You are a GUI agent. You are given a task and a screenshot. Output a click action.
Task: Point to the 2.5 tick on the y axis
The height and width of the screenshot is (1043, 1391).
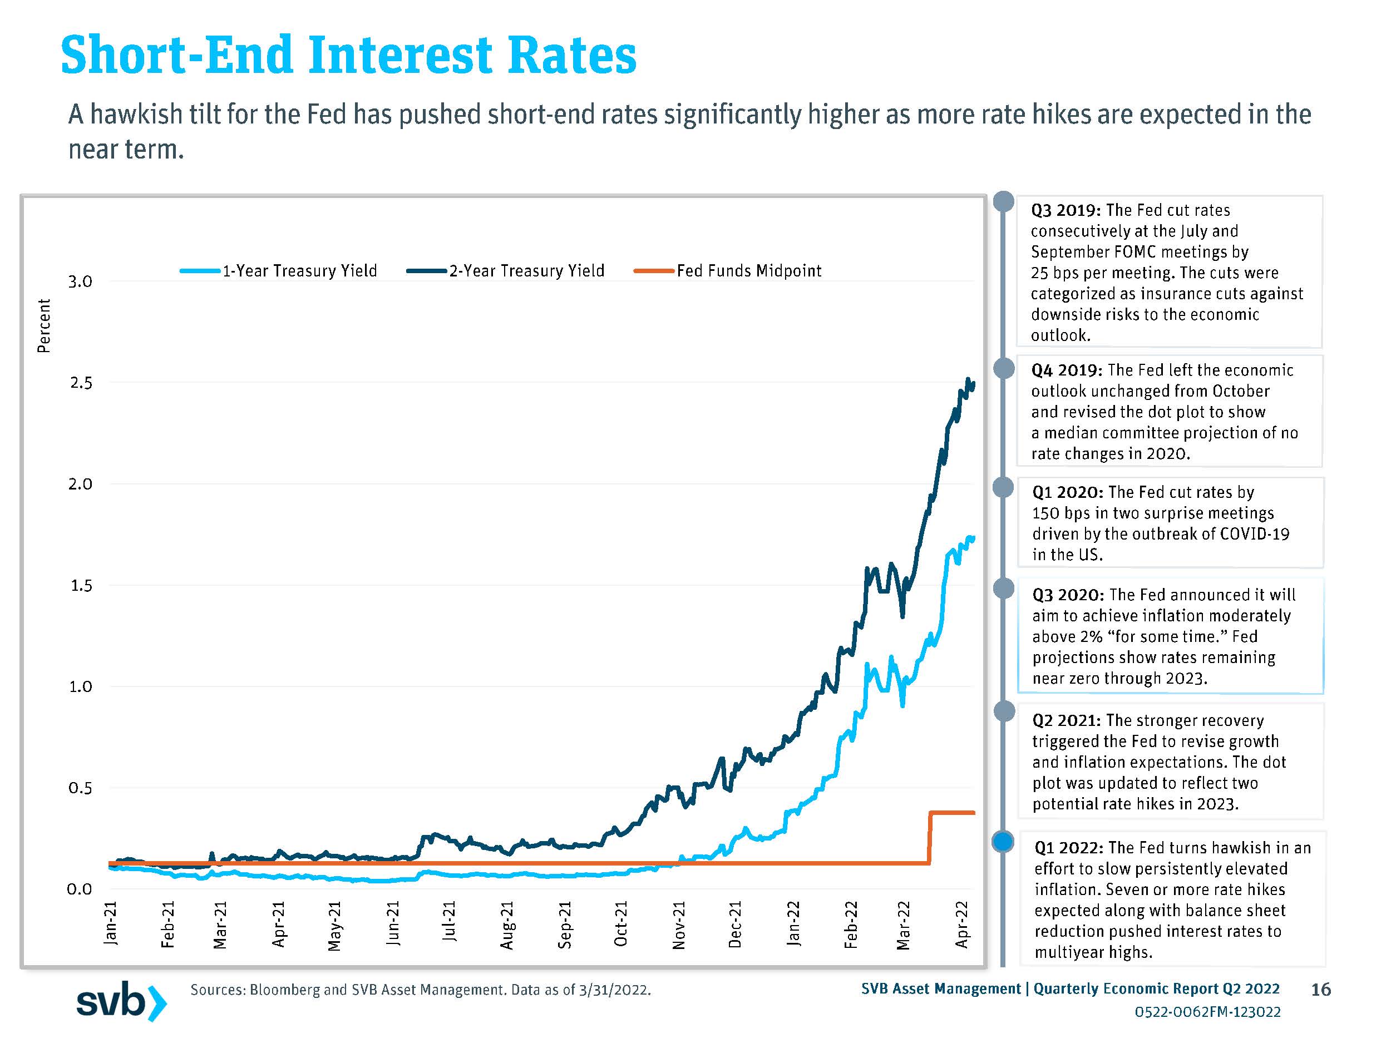[x=81, y=383]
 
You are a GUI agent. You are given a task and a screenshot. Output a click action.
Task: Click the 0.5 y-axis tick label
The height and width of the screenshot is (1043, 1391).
[x=81, y=788]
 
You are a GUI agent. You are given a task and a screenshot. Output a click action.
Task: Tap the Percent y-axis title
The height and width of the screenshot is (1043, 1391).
[x=43, y=325]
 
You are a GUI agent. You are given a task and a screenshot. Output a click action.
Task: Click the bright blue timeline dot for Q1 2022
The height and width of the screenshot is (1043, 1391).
[x=1003, y=841]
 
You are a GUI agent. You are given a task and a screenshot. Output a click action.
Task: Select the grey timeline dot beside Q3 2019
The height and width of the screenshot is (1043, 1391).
[x=1004, y=201]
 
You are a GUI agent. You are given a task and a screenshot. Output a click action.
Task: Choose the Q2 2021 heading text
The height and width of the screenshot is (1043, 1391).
[x=1067, y=720]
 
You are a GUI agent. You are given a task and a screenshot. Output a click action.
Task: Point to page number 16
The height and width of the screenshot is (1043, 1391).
[x=1320, y=990]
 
